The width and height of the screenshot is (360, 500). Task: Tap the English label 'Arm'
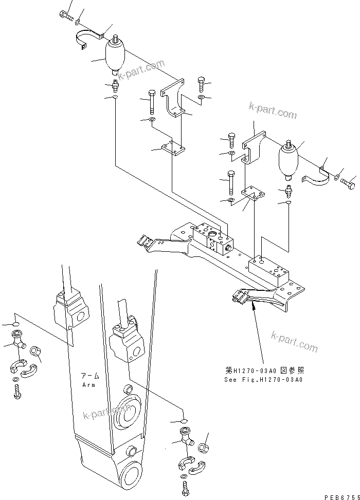click(89, 384)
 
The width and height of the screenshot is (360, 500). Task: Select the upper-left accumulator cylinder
click(114, 58)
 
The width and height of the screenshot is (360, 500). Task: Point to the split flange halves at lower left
click(21, 367)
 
